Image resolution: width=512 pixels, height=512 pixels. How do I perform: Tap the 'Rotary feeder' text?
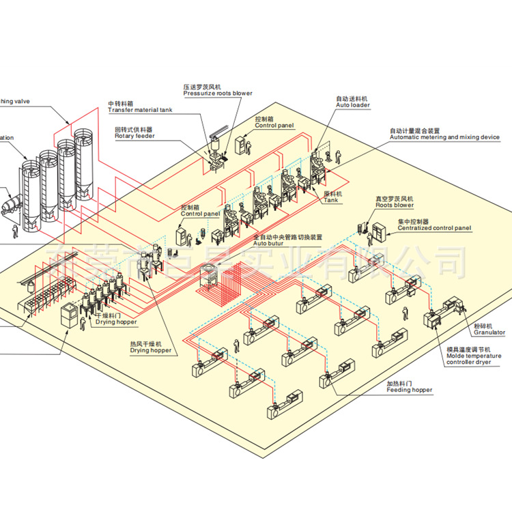click(134, 136)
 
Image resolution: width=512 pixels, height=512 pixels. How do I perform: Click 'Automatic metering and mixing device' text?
click(444, 137)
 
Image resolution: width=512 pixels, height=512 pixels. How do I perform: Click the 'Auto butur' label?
click(268, 243)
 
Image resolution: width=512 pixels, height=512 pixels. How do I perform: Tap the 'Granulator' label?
click(489, 332)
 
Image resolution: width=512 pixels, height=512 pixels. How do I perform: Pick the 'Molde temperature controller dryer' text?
click(473, 359)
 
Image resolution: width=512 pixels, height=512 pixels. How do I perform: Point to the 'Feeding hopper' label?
click(409, 390)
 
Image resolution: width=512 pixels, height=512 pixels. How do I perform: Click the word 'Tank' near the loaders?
click(330, 200)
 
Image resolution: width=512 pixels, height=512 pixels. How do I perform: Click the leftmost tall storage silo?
click(31, 195)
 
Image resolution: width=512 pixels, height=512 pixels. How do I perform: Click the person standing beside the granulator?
click(407, 315)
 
